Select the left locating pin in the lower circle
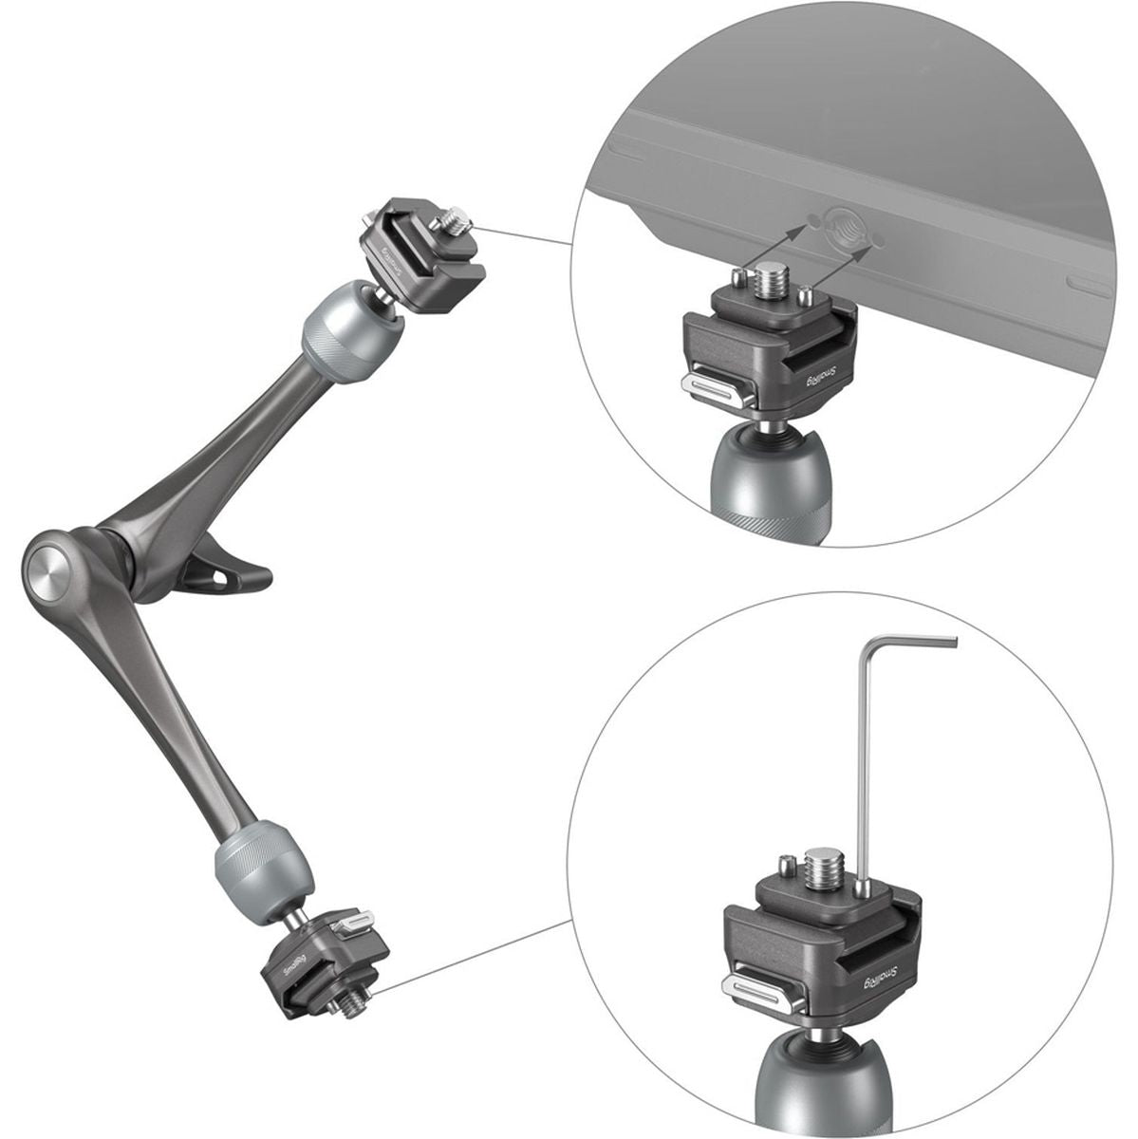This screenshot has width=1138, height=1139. click(x=785, y=866)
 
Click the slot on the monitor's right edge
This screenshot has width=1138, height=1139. click(x=1087, y=283)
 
